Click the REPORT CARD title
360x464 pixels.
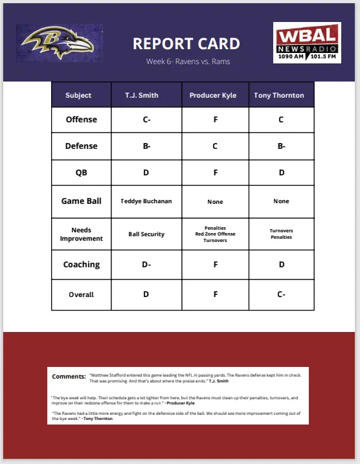186,44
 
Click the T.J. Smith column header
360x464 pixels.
146,95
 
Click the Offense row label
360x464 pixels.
82,120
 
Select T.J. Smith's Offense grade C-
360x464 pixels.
146,120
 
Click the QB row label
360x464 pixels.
82,173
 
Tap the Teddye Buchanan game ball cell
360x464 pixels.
146,201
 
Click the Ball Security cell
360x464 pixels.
146,234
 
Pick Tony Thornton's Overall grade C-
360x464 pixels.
281,294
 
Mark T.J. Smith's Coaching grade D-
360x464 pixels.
146,265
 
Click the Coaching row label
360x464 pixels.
82,265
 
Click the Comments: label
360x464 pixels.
69,376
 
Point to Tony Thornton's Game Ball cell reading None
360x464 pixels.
281,201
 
